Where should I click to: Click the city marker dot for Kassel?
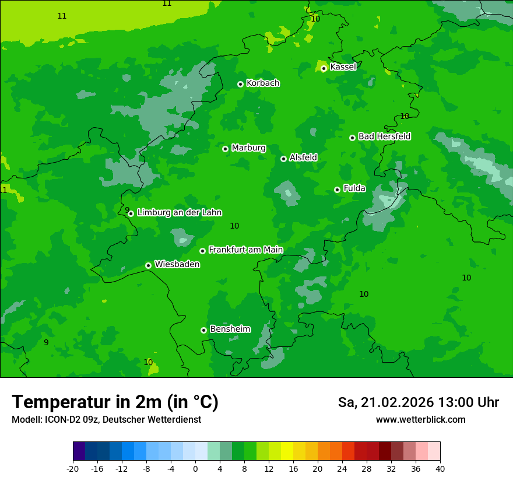(x=324, y=68)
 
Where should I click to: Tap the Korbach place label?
(x=263, y=83)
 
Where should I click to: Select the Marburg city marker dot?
(x=225, y=149)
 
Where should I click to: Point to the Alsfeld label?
(x=303, y=157)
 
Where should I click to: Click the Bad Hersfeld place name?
(x=384, y=136)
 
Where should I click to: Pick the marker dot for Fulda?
(x=337, y=190)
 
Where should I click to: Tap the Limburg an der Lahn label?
(x=179, y=213)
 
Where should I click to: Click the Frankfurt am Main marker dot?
(x=202, y=251)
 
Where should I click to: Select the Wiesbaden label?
(x=177, y=265)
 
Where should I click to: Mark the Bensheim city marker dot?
(x=203, y=330)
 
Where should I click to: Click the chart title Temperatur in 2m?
(x=115, y=402)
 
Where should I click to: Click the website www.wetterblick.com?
(x=420, y=420)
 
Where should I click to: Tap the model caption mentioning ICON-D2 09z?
(x=106, y=420)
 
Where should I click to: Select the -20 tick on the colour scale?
(x=73, y=468)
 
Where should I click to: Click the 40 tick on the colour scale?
(x=440, y=468)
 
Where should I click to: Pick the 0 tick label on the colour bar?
(x=195, y=468)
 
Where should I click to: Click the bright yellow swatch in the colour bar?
(x=287, y=451)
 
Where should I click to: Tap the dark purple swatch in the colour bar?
(x=79, y=451)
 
